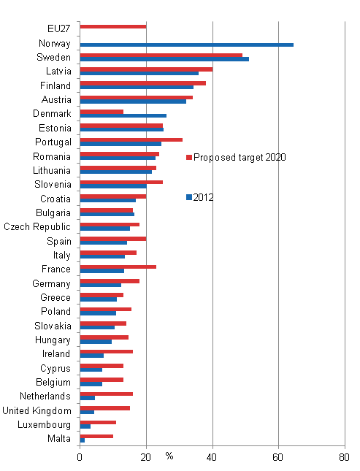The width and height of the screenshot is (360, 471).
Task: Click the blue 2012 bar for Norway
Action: pos(186,45)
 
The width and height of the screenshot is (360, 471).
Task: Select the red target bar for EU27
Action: pos(112,26)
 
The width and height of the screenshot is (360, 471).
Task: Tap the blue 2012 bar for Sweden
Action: pos(164,59)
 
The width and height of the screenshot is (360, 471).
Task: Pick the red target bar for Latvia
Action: pos(146,69)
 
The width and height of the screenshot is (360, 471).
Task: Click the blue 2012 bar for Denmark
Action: pos(123,115)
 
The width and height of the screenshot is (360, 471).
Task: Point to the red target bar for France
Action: pos(118,267)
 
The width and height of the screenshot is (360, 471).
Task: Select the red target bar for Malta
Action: pos(96,436)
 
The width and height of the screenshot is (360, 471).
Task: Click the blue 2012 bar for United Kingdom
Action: pos(87,413)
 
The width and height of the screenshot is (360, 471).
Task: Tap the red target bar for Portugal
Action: pos(131,139)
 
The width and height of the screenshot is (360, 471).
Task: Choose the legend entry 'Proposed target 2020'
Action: pos(238,157)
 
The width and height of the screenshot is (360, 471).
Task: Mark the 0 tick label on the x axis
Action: pos(80,458)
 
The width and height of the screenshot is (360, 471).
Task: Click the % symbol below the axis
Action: pos(169,456)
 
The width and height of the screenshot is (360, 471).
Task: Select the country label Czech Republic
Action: pos(37,226)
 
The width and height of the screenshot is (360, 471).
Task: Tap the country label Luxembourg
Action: pos(46,424)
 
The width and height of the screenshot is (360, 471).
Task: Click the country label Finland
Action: pos(55,85)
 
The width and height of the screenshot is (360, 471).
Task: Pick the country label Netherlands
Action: pos(46,396)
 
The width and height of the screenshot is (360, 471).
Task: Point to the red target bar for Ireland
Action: pos(106,351)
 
